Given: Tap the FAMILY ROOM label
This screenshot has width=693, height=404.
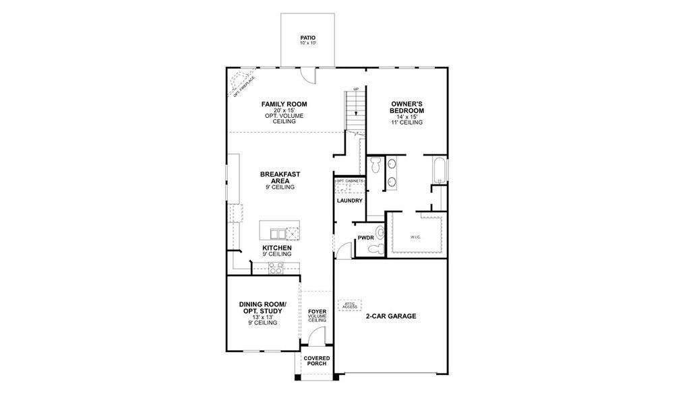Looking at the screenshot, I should coord(284,104).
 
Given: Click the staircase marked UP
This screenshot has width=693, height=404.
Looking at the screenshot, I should coord(353,110).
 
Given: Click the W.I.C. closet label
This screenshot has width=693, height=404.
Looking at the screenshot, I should coord(415,237).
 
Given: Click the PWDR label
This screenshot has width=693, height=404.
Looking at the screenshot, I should coord(365,238).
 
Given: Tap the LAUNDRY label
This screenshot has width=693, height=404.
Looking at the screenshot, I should coord(349,201).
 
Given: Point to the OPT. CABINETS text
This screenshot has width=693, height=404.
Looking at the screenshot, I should coord(350,182).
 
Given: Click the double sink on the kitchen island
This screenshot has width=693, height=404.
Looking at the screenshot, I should coord(276,234).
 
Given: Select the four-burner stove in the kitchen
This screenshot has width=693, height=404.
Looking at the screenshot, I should coord(276,268).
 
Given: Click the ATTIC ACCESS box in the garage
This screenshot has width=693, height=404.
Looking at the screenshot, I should coord(350,304).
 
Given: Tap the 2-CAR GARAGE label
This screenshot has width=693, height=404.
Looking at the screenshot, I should coord(391,316).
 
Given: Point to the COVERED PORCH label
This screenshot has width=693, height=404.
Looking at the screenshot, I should coord(316,361).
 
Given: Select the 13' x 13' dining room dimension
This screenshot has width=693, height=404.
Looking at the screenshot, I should coord(262,317).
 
